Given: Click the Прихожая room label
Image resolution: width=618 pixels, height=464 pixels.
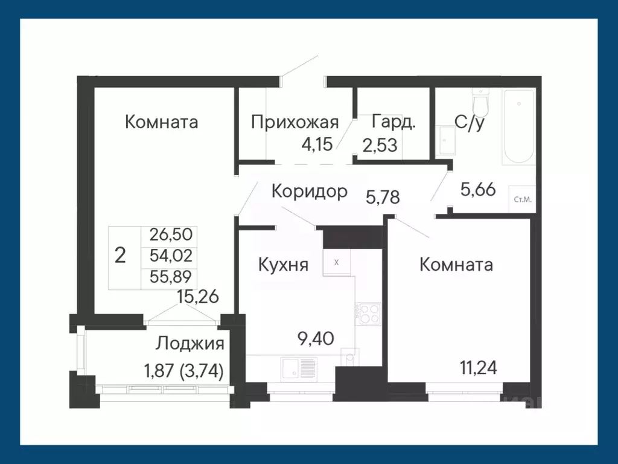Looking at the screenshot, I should (294, 123).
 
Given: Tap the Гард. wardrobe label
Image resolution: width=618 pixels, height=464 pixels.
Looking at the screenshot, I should (393, 122).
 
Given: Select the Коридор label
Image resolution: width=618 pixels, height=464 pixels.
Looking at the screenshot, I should (309, 192).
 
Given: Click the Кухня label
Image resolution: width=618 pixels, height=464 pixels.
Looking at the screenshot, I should (283, 265).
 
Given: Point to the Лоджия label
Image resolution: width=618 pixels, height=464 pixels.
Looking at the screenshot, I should (190, 344).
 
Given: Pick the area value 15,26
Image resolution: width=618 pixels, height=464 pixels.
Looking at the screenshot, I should (197, 297).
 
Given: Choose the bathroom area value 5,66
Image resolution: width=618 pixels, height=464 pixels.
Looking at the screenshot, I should (478, 190).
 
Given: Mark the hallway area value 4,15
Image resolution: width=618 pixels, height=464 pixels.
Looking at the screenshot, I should (318, 145).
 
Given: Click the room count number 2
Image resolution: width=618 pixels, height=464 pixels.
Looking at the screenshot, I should (120, 256).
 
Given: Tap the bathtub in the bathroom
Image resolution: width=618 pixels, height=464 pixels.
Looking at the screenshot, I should (519, 126).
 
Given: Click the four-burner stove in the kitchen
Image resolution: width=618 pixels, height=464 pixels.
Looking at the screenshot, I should (368, 314).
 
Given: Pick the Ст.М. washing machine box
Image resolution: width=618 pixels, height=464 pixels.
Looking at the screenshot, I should (522, 199).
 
